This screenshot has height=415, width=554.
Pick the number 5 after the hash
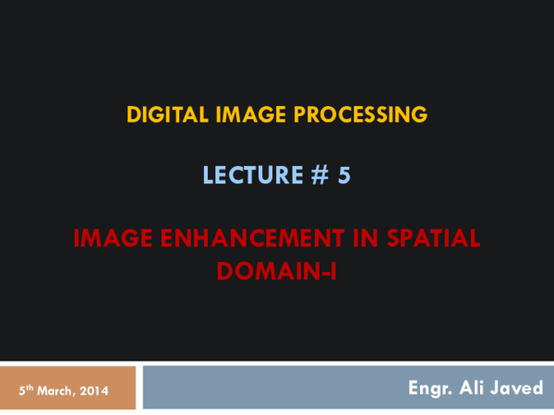(x=343, y=175)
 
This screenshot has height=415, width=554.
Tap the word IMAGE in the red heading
(x=113, y=238)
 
